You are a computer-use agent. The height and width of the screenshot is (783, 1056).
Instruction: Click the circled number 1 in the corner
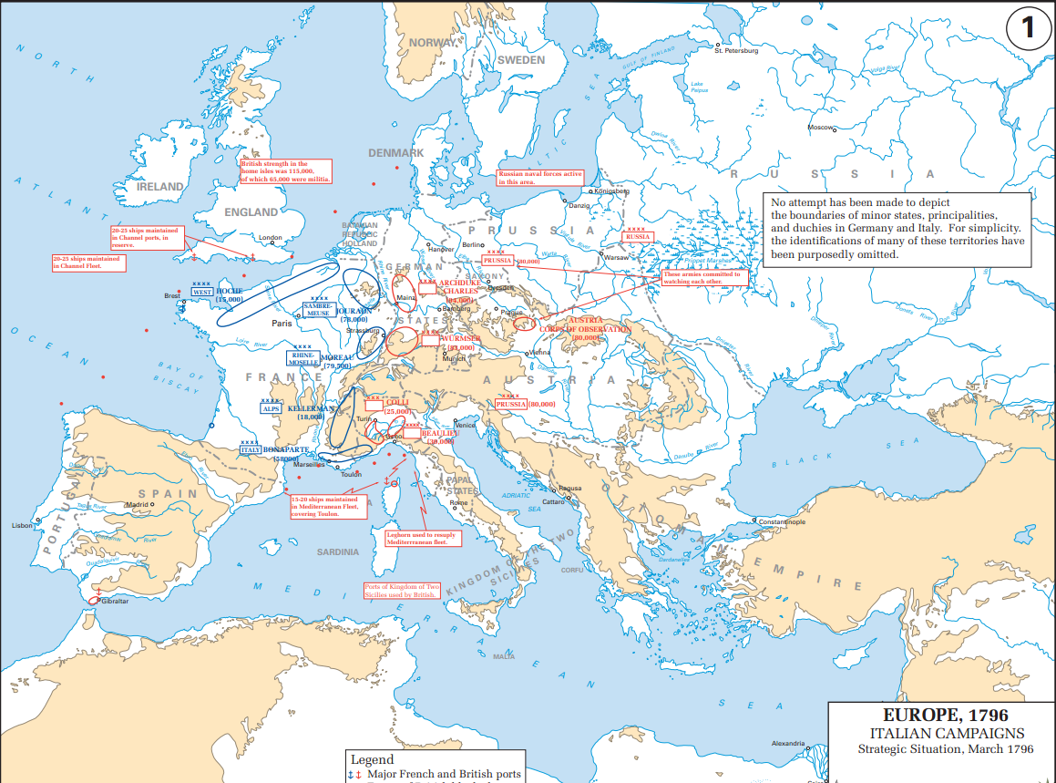[x=1028, y=28]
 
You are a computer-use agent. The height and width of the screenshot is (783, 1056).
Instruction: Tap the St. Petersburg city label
[x=736, y=51]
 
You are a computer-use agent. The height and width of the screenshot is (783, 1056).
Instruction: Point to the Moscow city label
[x=821, y=128]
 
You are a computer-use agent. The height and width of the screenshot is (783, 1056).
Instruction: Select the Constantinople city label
[x=782, y=522]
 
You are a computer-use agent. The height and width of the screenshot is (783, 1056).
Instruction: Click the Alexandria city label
[x=788, y=744]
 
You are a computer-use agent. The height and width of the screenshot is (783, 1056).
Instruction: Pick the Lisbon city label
[x=22, y=526]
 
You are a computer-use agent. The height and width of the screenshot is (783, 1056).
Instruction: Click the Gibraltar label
[x=116, y=602]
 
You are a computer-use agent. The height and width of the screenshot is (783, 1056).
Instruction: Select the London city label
[x=271, y=238]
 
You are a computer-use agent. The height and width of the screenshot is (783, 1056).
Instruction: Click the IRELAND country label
[x=159, y=186]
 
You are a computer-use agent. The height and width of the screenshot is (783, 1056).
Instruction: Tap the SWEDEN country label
[x=520, y=60]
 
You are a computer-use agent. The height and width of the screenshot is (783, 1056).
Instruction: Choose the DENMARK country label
[x=395, y=153]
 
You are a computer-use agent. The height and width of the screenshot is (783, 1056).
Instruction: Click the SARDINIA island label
[x=338, y=552]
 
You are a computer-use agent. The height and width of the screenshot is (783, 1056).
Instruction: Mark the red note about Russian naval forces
[x=539, y=178]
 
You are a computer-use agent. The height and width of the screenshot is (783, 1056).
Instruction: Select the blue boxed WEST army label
[x=201, y=293]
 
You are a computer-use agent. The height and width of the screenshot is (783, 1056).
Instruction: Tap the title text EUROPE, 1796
[x=945, y=716]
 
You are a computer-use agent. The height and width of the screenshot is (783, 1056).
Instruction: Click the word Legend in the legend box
[x=372, y=759]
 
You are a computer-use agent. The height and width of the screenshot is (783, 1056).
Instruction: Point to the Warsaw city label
[x=617, y=258]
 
